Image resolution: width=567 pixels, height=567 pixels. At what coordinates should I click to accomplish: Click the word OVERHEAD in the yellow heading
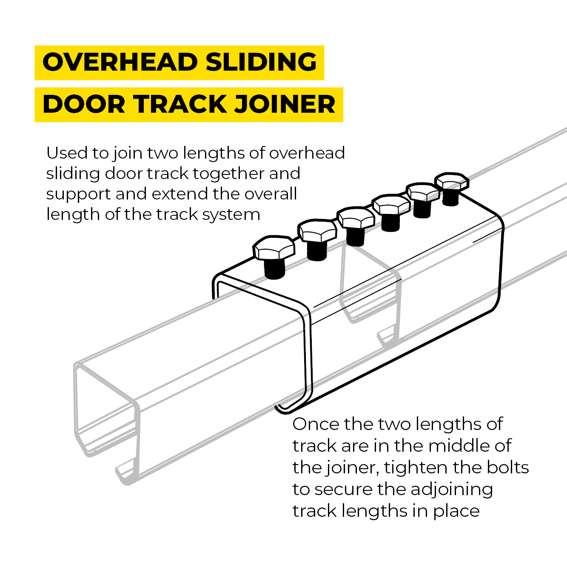point(120,62)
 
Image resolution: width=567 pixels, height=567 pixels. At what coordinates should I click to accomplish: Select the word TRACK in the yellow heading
point(180,104)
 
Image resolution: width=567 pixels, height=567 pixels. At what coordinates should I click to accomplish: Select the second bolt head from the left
point(317,231)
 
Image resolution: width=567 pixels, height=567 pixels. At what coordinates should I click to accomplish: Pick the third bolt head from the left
point(356,217)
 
